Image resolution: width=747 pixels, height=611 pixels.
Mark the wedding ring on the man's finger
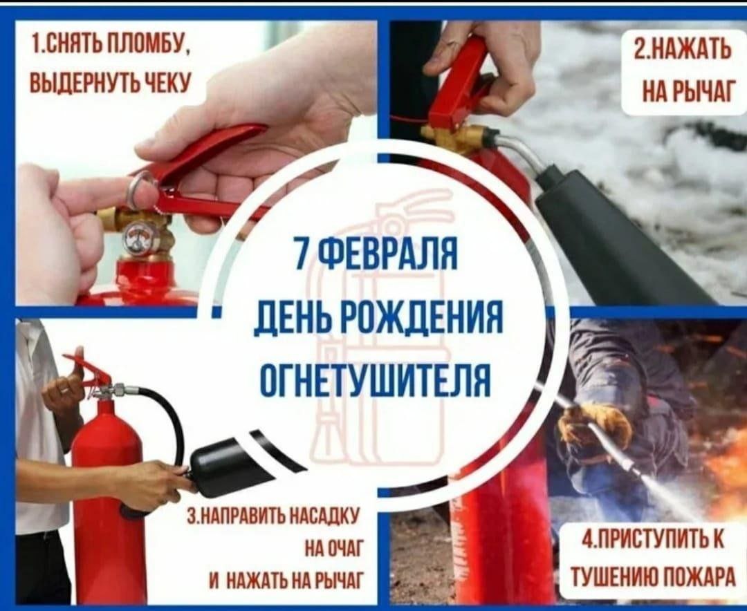tap(64, 390)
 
